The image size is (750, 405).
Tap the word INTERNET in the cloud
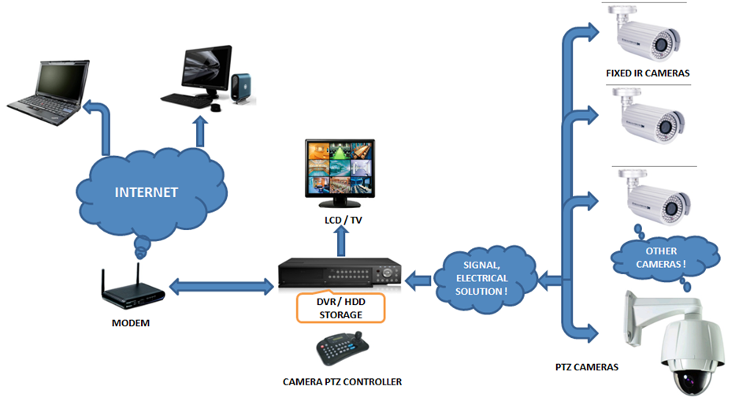tap(147, 191)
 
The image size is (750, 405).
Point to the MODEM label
tap(131, 323)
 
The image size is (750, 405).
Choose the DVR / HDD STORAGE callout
tap(340, 308)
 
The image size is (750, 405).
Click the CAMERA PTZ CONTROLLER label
tap(342, 381)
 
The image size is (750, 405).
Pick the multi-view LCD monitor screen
tap(340, 168)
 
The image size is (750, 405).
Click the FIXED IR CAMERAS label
tap(648, 73)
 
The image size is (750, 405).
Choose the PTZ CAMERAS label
tap(587, 366)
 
